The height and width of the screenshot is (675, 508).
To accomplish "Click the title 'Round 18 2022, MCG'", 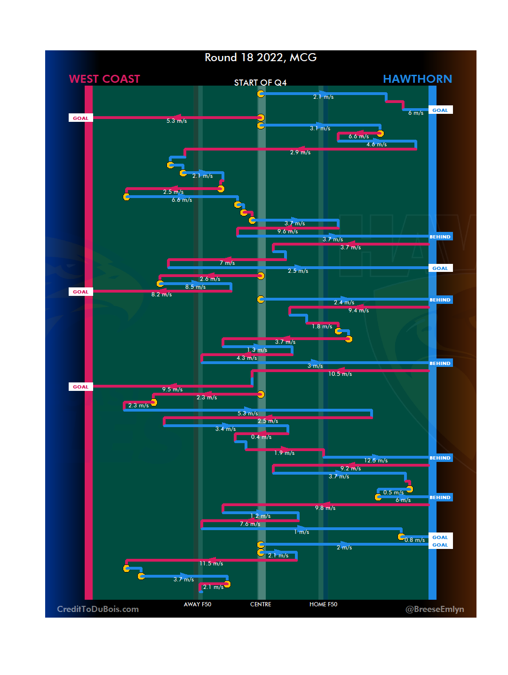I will coord(261,57).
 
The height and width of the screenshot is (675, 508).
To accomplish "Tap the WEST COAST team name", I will coord(104,79).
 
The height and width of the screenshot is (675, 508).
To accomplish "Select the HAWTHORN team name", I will coord(417,79).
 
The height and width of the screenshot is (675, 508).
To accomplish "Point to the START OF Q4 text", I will coord(260,83).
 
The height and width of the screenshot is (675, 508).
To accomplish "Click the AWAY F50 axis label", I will coord(198,604).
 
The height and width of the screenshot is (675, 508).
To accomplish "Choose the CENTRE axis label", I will coord(261,604).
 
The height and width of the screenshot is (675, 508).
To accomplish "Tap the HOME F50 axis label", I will coord(323,604).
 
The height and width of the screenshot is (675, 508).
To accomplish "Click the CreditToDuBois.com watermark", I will coord(98,609).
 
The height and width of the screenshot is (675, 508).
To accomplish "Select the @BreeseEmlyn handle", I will coord(435,609).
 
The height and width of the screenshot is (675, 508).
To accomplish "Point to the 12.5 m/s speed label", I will coord(376,461).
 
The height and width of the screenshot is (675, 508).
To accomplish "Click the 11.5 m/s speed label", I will coord(211,564).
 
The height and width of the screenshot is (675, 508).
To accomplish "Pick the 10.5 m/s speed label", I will coord(340,374).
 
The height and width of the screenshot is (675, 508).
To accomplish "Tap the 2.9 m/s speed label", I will coord(300,152).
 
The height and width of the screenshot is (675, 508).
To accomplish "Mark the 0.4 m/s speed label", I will coord(261,437).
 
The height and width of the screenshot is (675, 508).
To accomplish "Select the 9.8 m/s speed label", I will coord(325,508).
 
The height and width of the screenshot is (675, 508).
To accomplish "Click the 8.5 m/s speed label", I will coord(195,287).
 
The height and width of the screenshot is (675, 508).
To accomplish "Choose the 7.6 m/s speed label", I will coord(250,524).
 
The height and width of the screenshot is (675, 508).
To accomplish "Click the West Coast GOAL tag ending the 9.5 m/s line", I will coord(80,387).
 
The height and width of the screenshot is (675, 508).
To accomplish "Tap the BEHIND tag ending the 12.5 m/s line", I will coord(440,458).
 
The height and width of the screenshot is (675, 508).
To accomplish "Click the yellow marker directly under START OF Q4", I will coord(261,94).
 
